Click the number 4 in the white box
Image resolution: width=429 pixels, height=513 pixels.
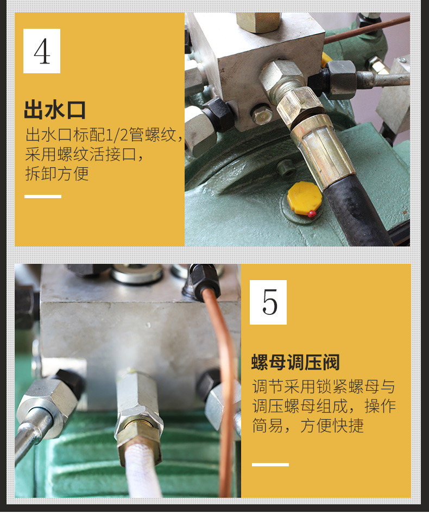pyautogui.click(x=42, y=52)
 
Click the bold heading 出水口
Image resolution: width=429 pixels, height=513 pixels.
pyautogui.click(x=55, y=110)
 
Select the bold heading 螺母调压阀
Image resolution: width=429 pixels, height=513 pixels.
pyautogui.click(x=295, y=362)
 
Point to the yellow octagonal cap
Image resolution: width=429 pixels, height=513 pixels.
pyautogui.click(x=304, y=198)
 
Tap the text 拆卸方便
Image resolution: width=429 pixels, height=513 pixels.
pyautogui.click(x=57, y=173)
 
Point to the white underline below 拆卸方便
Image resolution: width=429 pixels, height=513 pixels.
pyautogui.click(x=43, y=197)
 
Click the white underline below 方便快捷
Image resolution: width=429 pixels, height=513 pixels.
pyautogui.click(x=270, y=465)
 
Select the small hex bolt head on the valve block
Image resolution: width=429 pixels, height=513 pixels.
pyautogui.click(x=262, y=115)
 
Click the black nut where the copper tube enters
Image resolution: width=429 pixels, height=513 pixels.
pyautogui.click(x=204, y=280)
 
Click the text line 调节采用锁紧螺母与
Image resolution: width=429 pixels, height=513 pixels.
pyautogui.click(x=324, y=387)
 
